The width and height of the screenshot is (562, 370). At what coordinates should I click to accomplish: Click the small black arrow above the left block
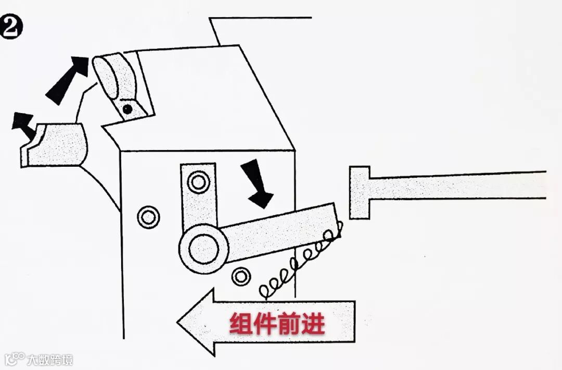(24, 123)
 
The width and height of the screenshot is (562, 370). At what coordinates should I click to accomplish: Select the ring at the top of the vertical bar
(198, 182)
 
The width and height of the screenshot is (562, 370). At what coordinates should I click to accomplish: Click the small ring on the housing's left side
(148, 216)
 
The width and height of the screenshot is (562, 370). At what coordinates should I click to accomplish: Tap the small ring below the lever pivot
(241, 276)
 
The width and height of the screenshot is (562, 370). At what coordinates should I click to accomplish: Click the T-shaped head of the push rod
(360, 192)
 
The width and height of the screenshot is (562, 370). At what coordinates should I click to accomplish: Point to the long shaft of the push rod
(458, 186)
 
